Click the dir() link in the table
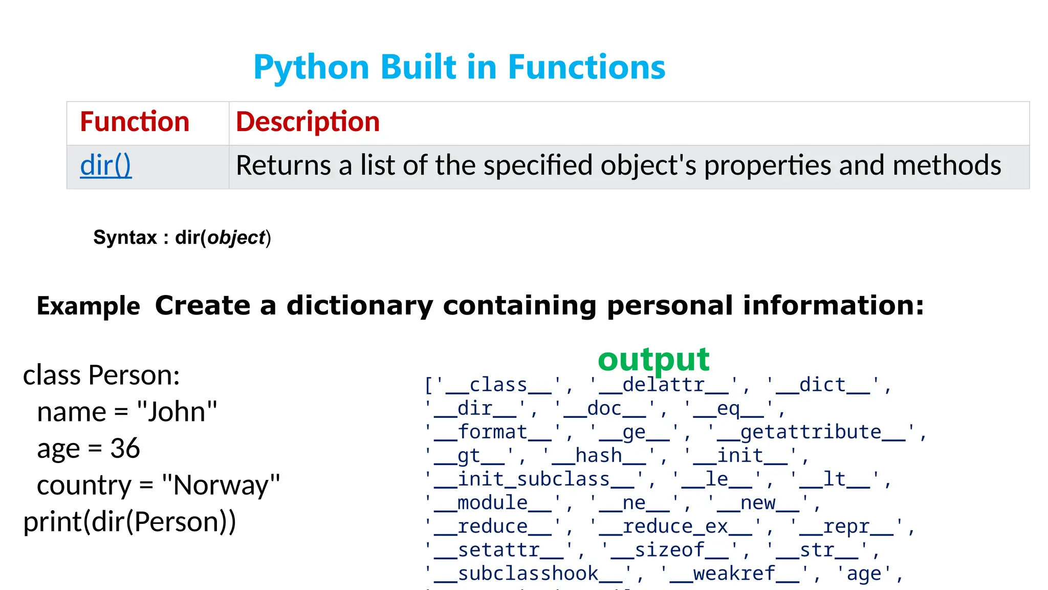pyautogui.click(x=106, y=166)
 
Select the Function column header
pyautogui.click(x=135, y=122)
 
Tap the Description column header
pyautogui.click(x=308, y=122)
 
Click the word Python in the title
pyautogui.click(x=311, y=68)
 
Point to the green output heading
pyautogui.click(x=653, y=360)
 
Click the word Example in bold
pyautogui.click(x=89, y=306)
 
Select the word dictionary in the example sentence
pyautogui.click(x=360, y=305)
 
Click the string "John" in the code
pyautogui.click(x=177, y=412)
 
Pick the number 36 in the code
pyautogui.click(x=125, y=449)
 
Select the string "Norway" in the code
pyautogui.click(x=221, y=486)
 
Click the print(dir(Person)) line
pyautogui.click(x=130, y=522)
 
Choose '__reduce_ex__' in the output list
pyautogui.click(x=675, y=526)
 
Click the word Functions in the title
pyautogui.click(x=586, y=68)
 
